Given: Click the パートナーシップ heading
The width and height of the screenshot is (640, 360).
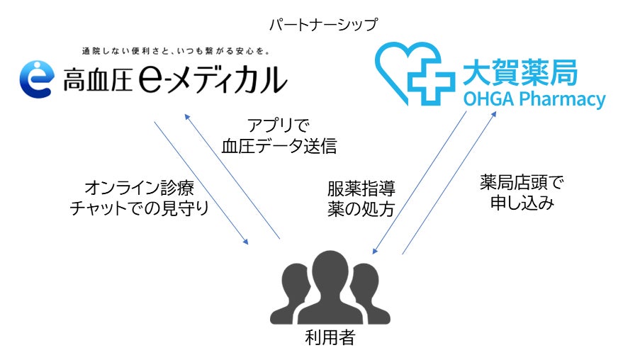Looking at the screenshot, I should [x=323, y=25].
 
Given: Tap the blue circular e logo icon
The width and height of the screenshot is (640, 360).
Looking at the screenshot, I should [x=35, y=79].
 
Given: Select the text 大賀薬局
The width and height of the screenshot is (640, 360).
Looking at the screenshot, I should [x=520, y=73].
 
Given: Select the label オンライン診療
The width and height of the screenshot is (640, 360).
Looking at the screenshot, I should [x=139, y=188].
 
